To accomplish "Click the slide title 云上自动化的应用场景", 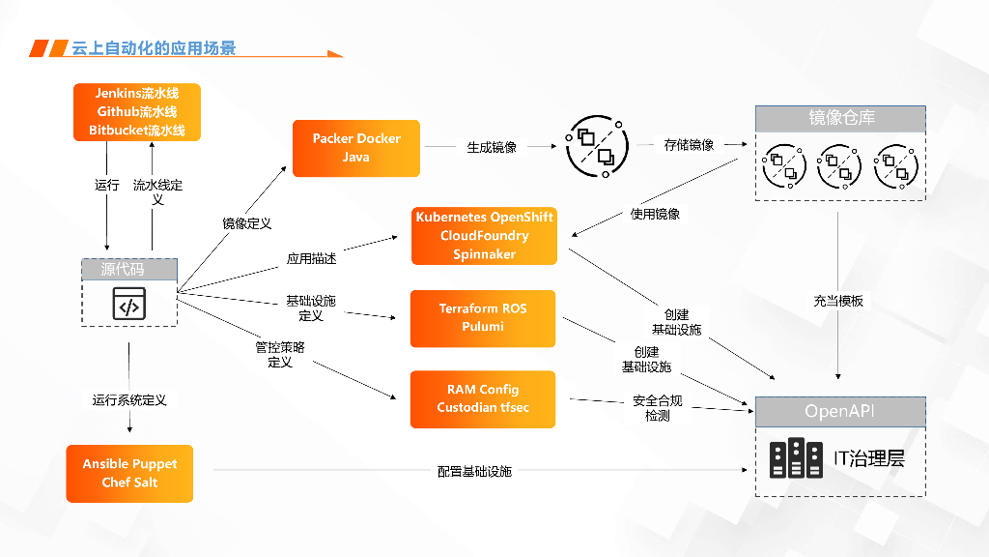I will point(154,48).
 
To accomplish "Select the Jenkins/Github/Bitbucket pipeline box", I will point(137,112).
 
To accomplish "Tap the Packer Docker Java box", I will point(356,148).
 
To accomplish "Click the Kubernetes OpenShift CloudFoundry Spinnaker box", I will point(484,236).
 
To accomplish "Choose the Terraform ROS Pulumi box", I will point(483,318).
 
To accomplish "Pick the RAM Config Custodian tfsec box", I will point(483,398).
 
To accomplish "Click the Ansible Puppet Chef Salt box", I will point(129,473).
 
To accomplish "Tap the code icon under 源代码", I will point(129,304).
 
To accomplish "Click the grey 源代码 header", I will point(129,270).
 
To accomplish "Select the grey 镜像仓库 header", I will point(840,119).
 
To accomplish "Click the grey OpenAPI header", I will point(840,411).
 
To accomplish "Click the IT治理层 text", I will point(868,458).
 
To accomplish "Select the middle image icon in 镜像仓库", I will point(838,167).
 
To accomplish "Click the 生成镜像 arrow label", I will point(492,147).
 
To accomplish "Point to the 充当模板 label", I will point(838,301).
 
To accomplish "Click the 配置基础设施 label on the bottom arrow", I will point(474,471).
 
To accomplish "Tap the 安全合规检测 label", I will point(658,407).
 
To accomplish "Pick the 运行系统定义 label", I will point(129,399).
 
